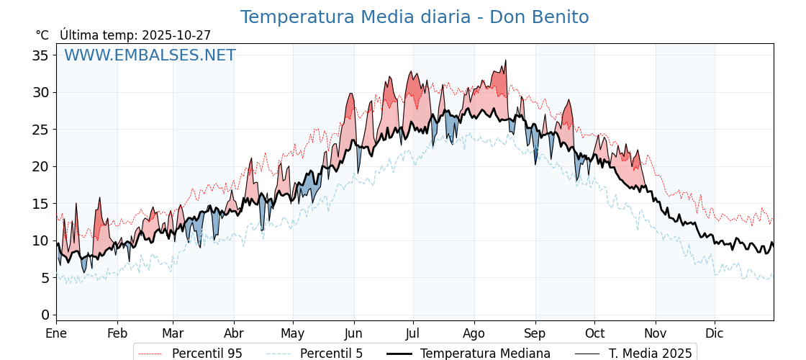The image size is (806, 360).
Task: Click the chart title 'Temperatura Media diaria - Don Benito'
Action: click(414, 17)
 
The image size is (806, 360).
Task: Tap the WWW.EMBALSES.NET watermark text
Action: click(150, 55)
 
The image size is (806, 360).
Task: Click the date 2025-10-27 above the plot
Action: click(176, 35)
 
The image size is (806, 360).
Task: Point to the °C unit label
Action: click(42, 35)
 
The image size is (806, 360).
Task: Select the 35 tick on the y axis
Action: click(40, 55)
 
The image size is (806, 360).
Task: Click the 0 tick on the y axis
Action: click(45, 315)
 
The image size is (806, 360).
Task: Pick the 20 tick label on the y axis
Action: click(40, 166)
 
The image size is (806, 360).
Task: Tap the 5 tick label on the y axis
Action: click(45, 278)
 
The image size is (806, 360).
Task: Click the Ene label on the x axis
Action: click(56, 333)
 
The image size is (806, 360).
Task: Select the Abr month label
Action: click(234, 333)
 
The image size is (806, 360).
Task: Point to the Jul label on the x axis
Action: click(413, 333)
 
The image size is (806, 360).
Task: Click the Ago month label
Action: click(474, 333)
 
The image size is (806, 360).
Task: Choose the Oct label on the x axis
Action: click(594, 333)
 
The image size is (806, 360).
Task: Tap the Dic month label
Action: click(715, 333)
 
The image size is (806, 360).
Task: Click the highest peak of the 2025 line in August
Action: click(506, 60)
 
